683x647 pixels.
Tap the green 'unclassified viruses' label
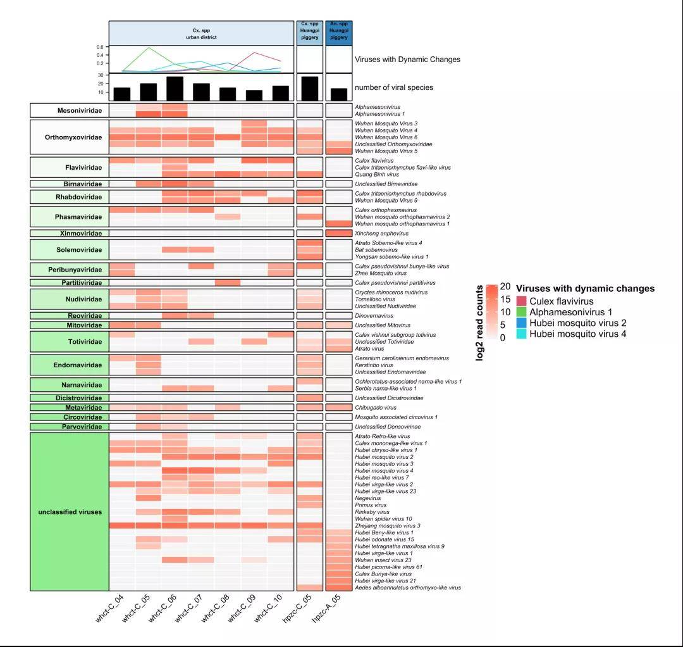pos(66,512)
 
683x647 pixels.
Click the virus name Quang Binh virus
pos(378,174)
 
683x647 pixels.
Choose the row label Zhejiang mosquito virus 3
pos(388,525)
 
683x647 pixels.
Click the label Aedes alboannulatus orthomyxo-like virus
pos(407,587)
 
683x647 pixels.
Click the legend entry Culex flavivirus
pos(562,301)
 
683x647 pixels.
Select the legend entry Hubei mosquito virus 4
pos(578,334)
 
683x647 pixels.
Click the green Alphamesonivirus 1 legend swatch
pos(521,312)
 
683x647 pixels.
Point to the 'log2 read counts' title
pos(479,323)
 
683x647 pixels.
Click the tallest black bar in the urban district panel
pos(175,88)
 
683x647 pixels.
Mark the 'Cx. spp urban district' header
pos(201,33)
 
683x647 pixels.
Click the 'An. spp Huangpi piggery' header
pos(339,33)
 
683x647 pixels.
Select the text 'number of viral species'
pos(394,87)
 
